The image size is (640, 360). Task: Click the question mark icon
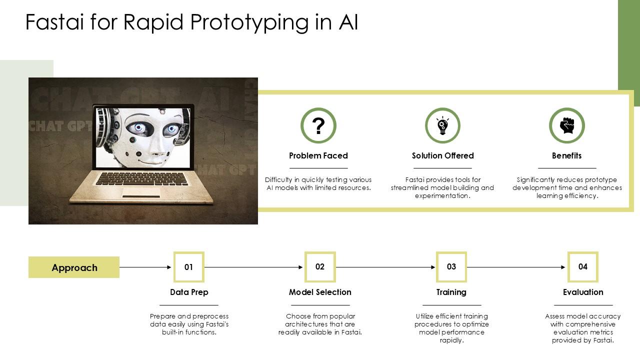click(318, 125)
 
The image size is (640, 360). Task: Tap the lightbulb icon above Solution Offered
click(442, 125)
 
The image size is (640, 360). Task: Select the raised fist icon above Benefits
click(567, 125)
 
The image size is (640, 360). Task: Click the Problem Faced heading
click(318, 155)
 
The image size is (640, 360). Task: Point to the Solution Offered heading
click(442, 155)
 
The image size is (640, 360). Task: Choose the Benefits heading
click(566, 155)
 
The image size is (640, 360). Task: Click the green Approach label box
click(74, 267)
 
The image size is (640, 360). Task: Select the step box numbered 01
click(189, 267)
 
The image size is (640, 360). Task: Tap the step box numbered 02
click(320, 266)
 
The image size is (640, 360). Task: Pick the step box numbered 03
click(451, 266)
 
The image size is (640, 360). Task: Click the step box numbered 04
click(583, 266)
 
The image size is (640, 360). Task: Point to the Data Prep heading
click(189, 292)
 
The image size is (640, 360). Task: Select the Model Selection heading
click(320, 292)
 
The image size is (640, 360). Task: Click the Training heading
click(451, 292)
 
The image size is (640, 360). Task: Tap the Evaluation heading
click(583, 292)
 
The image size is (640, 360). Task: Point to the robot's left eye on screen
click(138, 128)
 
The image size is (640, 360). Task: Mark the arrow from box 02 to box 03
click(385, 267)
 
